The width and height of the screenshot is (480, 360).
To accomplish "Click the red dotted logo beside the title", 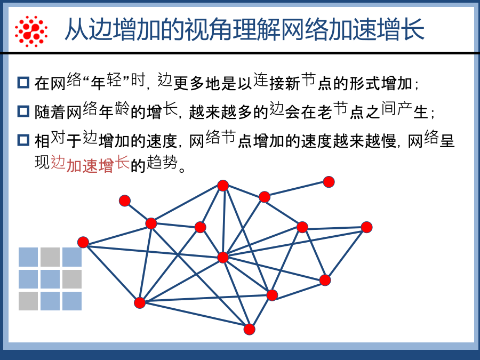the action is tap(31, 31).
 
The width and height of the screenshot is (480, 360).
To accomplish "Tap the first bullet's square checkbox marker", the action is tap(23, 83).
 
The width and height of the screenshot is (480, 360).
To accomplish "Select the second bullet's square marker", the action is tap(23, 111).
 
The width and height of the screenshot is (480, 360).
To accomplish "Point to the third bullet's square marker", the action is tap(23, 140).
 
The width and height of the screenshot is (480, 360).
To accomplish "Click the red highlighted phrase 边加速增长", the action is tap(90, 164).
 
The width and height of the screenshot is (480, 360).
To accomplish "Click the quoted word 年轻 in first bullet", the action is tap(106, 82).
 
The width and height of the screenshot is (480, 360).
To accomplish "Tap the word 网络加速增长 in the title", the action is tap(352, 30).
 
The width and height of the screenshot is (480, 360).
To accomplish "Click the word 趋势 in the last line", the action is tap(162, 162).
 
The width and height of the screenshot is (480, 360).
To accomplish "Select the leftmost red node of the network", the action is tap(83, 242).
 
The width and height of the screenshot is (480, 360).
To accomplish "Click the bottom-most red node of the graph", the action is tap(249, 330).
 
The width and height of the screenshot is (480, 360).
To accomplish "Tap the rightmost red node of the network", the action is tap(366, 227).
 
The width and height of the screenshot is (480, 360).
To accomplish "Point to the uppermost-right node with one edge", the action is tap(329, 182).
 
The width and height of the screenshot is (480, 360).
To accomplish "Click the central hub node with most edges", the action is tap(223, 258).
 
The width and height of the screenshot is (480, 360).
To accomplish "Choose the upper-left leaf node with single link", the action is tap(125, 201).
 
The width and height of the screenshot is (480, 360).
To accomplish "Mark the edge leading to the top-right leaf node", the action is tap(297, 189).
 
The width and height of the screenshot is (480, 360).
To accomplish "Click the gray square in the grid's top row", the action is tap(50, 257).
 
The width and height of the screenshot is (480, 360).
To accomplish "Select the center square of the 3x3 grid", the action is tap(50, 279).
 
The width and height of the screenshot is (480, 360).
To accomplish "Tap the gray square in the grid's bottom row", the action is tap(28, 301).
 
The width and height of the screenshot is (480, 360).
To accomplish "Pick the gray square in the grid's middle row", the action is tap(72, 279).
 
